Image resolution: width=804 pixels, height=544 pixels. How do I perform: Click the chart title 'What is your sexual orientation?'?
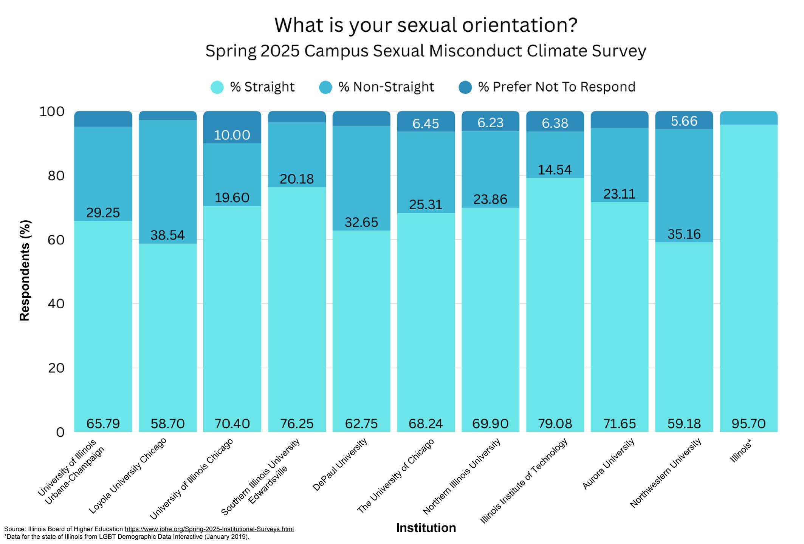coord(426,25)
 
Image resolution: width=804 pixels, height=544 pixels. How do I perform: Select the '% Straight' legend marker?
coord(217,87)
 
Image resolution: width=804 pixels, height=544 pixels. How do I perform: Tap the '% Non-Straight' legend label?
coord(386,87)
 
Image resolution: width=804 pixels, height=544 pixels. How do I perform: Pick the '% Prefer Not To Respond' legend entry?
coord(547,87)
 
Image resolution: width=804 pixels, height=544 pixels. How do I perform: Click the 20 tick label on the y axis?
coord(56,368)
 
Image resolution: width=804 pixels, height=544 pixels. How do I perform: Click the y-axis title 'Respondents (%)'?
coord(25,270)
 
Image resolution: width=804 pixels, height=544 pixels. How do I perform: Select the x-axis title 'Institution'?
coord(426,528)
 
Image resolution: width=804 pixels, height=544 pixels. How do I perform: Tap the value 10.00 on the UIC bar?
coord(232,135)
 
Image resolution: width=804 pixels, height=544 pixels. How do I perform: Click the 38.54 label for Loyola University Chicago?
coord(167,235)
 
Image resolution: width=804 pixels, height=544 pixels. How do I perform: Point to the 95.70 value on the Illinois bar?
coord(748,423)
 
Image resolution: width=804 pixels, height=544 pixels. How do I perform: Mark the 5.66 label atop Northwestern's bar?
coord(684,121)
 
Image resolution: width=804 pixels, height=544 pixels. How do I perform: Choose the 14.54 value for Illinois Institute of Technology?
coord(555,170)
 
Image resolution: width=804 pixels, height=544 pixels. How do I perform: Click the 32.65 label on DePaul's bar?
coord(361,222)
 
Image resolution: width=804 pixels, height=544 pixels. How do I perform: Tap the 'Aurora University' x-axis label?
coord(609,464)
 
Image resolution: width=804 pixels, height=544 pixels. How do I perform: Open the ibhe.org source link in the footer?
coord(209,529)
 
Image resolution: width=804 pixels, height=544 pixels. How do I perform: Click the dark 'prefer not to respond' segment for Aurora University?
coord(620,119)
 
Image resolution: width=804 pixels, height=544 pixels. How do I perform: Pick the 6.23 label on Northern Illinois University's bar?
coord(490,122)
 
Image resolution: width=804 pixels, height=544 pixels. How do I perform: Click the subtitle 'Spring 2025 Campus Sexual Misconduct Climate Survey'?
coord(426,51)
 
